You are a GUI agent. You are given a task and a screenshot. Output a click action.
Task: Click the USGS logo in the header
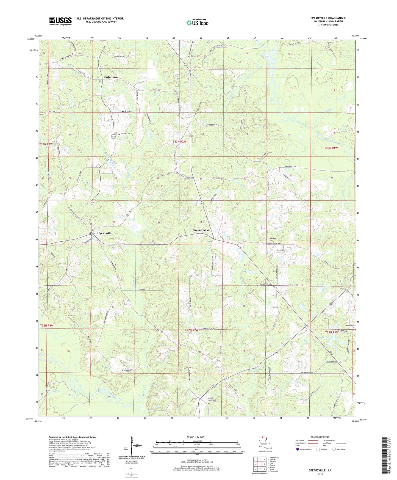tap(60, 21)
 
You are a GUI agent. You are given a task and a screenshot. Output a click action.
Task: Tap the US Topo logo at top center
tap(197, 22)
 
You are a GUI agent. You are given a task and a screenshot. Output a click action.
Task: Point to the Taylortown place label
tap(111, 77)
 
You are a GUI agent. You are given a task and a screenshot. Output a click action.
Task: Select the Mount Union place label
tap(201, 230)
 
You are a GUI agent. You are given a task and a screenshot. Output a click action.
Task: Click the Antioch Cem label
tap(124, 134)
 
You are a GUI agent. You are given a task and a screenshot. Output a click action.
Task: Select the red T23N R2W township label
tap(179, 142)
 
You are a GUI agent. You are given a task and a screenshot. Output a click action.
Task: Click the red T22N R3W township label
tap(46, 325)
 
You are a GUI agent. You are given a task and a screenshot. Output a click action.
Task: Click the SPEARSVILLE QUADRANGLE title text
tap(328, 18)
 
